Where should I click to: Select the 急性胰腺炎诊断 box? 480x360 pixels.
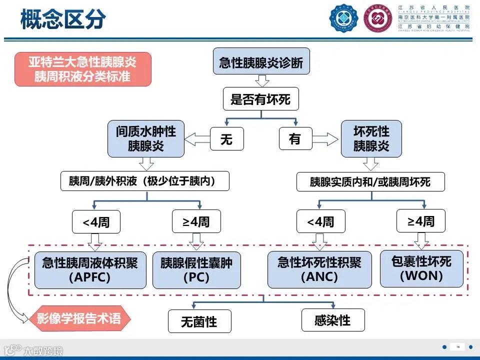(x=261, y=62)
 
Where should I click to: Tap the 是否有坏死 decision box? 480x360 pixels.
(x=260, y=99)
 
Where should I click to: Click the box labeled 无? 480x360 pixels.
(x=226, y=139)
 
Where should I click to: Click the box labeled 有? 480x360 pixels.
(x=295, y=139)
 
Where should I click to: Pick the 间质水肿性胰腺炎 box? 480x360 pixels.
(x=146, y=138)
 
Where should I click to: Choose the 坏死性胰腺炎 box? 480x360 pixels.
(x=371, y=138)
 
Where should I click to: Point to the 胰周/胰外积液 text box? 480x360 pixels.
(x=145, y=180)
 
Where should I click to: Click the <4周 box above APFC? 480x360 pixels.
(x=96, y=221)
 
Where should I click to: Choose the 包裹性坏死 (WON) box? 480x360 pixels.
(x=421, y=268)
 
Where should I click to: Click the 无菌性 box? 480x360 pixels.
(x=199, y=321)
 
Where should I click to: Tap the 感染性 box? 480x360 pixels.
(x=332, y=320)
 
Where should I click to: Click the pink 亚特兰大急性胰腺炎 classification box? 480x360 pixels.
(x=82, y=69)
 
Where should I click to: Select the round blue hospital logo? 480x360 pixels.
(x=344, y=18)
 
